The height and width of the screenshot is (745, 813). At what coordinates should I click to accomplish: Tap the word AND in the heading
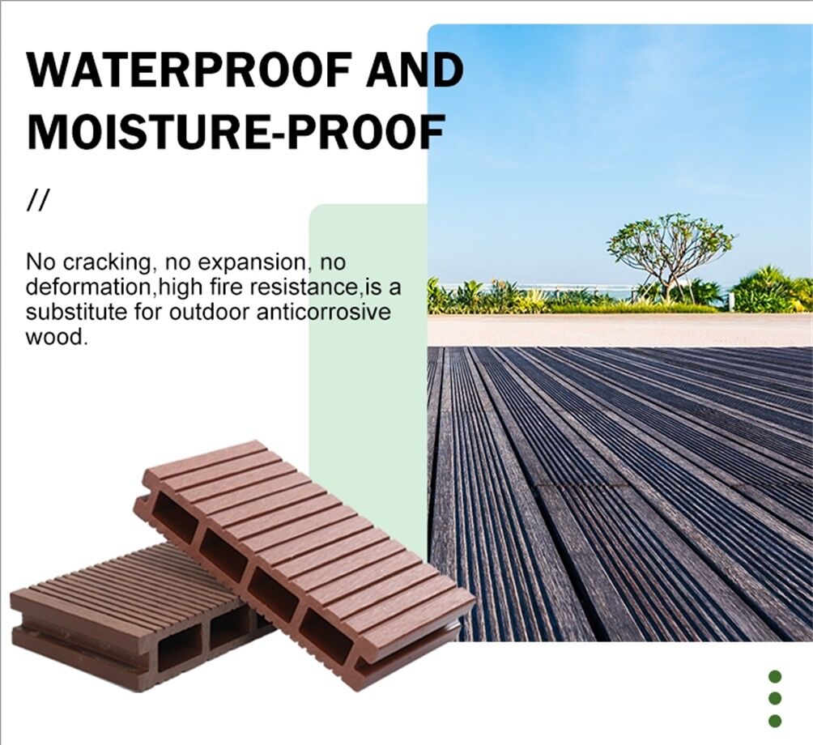coord(415,71)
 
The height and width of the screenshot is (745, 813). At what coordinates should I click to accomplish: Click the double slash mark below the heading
coord(37,202)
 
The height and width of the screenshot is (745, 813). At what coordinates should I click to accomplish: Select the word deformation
coord(90,287)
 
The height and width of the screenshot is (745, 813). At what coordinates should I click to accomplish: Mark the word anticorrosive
coord(323,312)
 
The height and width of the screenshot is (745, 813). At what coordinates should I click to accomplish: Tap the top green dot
coord(775,676)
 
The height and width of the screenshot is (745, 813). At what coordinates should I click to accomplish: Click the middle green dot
coord(775,698)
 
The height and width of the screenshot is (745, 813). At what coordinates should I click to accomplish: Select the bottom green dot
coord(775,720)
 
